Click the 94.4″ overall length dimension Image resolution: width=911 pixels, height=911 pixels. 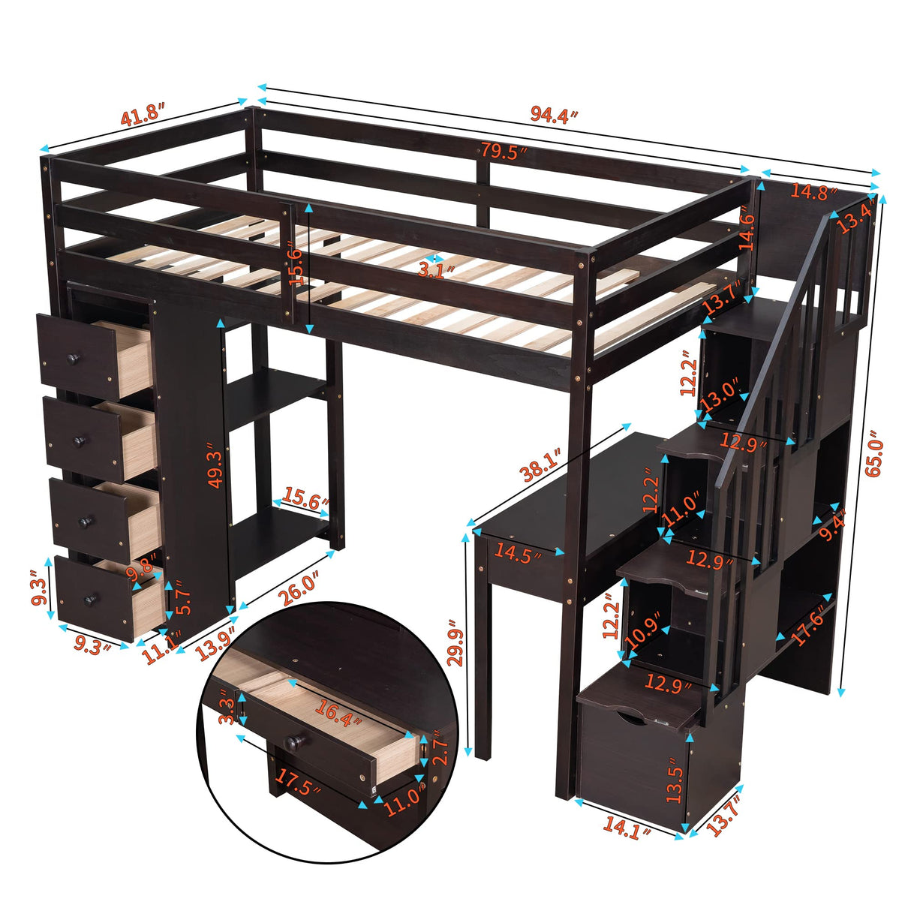pos(555,115)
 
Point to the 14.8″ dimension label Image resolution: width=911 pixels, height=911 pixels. pos(813,192)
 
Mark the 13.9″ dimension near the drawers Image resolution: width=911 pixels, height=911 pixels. pos(214,644)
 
